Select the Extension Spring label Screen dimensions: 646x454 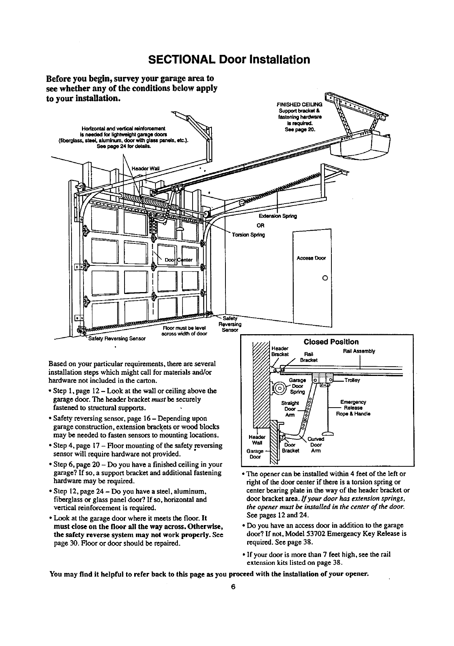[x=280, y=216]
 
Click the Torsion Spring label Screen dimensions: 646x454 [x=248, y=235]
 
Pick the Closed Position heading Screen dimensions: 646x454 [x=331, y=342]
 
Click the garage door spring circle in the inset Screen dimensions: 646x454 [x=280, y=387]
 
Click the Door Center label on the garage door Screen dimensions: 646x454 [x=176, y=260]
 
